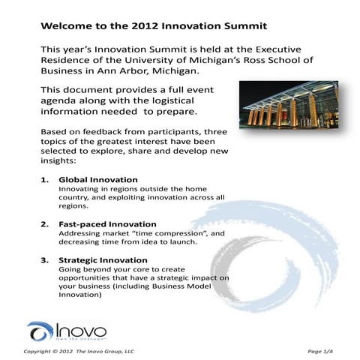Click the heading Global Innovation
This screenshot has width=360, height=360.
[x=98, y=180]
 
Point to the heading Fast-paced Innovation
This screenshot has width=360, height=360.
[x=107, y=223]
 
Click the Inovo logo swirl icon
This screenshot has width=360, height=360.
[x=40, y=331]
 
